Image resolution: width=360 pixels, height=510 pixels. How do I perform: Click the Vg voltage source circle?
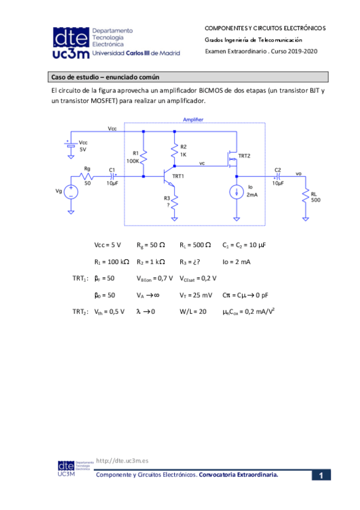pos(71,192)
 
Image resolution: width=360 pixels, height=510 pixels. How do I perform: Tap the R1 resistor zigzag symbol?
pos(144,156)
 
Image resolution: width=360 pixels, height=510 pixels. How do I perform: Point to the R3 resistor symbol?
pos(174,204)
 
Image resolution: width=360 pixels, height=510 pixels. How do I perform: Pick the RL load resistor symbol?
pos(306,196)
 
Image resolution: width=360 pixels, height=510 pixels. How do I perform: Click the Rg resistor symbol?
pos(88,177)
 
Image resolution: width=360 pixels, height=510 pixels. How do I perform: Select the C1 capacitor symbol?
pos(112,177)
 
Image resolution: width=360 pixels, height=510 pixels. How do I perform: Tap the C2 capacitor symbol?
pos(277,177)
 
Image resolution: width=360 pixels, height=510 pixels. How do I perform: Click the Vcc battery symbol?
pos(71,146)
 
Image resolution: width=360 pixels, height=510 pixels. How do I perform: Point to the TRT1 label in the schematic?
pos(178,176)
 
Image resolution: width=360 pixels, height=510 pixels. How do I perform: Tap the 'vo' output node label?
pos(298,173)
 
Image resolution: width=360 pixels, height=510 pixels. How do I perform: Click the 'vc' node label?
pos(202,162)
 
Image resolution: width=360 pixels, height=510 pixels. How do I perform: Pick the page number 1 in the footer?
pos(322,476)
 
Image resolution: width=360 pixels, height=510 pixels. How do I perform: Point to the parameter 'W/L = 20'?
pos(194,312)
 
